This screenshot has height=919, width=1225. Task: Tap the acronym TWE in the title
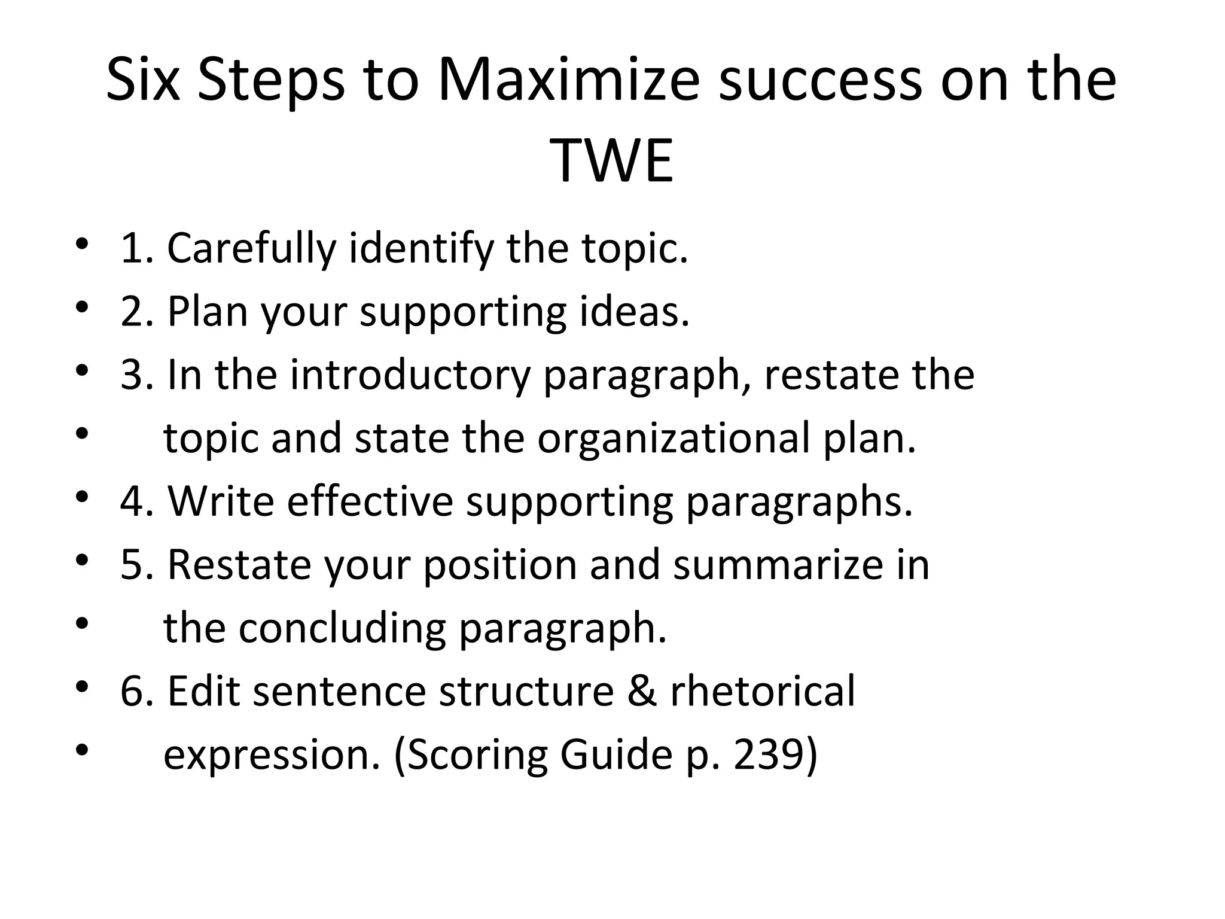point(612,161)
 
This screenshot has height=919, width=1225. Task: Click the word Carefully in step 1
point(251,248)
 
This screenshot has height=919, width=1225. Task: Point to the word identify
point(421,248)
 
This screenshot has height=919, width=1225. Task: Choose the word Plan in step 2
point(207,312)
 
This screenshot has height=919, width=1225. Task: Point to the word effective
point(370,501)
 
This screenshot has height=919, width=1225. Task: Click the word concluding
point(342,628)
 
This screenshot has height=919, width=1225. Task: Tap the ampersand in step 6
point(642,692)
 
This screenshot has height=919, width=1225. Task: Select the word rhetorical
point(763,692)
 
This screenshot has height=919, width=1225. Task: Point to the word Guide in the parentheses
point(616,755)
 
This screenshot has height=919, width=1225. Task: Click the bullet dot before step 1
point(82,245)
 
